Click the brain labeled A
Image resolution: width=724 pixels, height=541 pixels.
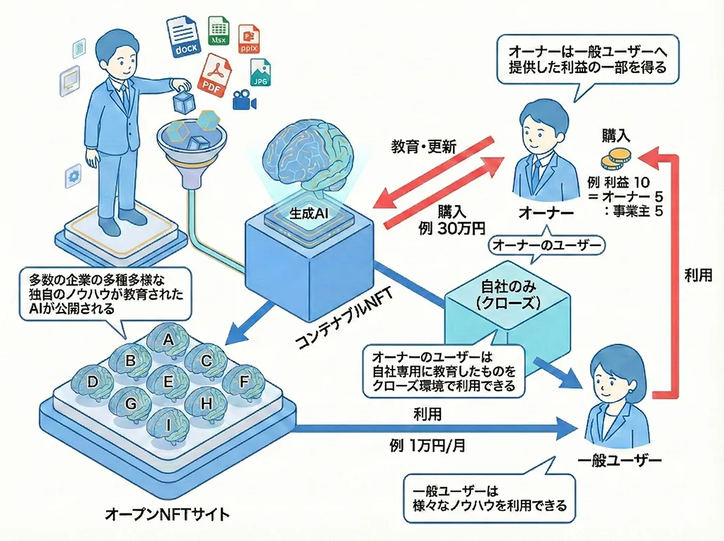(x=168, y=341)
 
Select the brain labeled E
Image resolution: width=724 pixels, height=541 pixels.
(x=167, y=382)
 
